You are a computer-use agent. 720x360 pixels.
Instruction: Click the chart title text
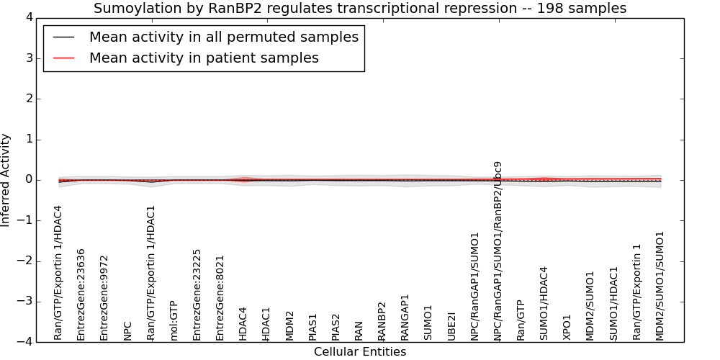pos(360,8)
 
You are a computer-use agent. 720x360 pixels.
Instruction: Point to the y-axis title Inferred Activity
pos(5,180)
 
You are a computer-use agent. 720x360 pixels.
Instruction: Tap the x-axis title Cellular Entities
pos(360,352)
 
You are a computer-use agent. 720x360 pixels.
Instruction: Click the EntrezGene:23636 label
pos(81,294)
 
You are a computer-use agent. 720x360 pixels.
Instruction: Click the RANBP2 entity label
pos(382,321)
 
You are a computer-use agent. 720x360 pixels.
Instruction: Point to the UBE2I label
pos(451,326)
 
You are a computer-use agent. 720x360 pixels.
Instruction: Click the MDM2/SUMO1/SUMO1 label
pos(660,286)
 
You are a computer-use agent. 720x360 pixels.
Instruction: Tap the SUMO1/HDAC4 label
pos(544,304)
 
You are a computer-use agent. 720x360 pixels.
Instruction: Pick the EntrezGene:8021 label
pos(220,298)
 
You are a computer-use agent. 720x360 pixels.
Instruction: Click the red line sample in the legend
pos(64,58)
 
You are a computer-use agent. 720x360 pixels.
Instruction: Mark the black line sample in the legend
pos(64,37)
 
